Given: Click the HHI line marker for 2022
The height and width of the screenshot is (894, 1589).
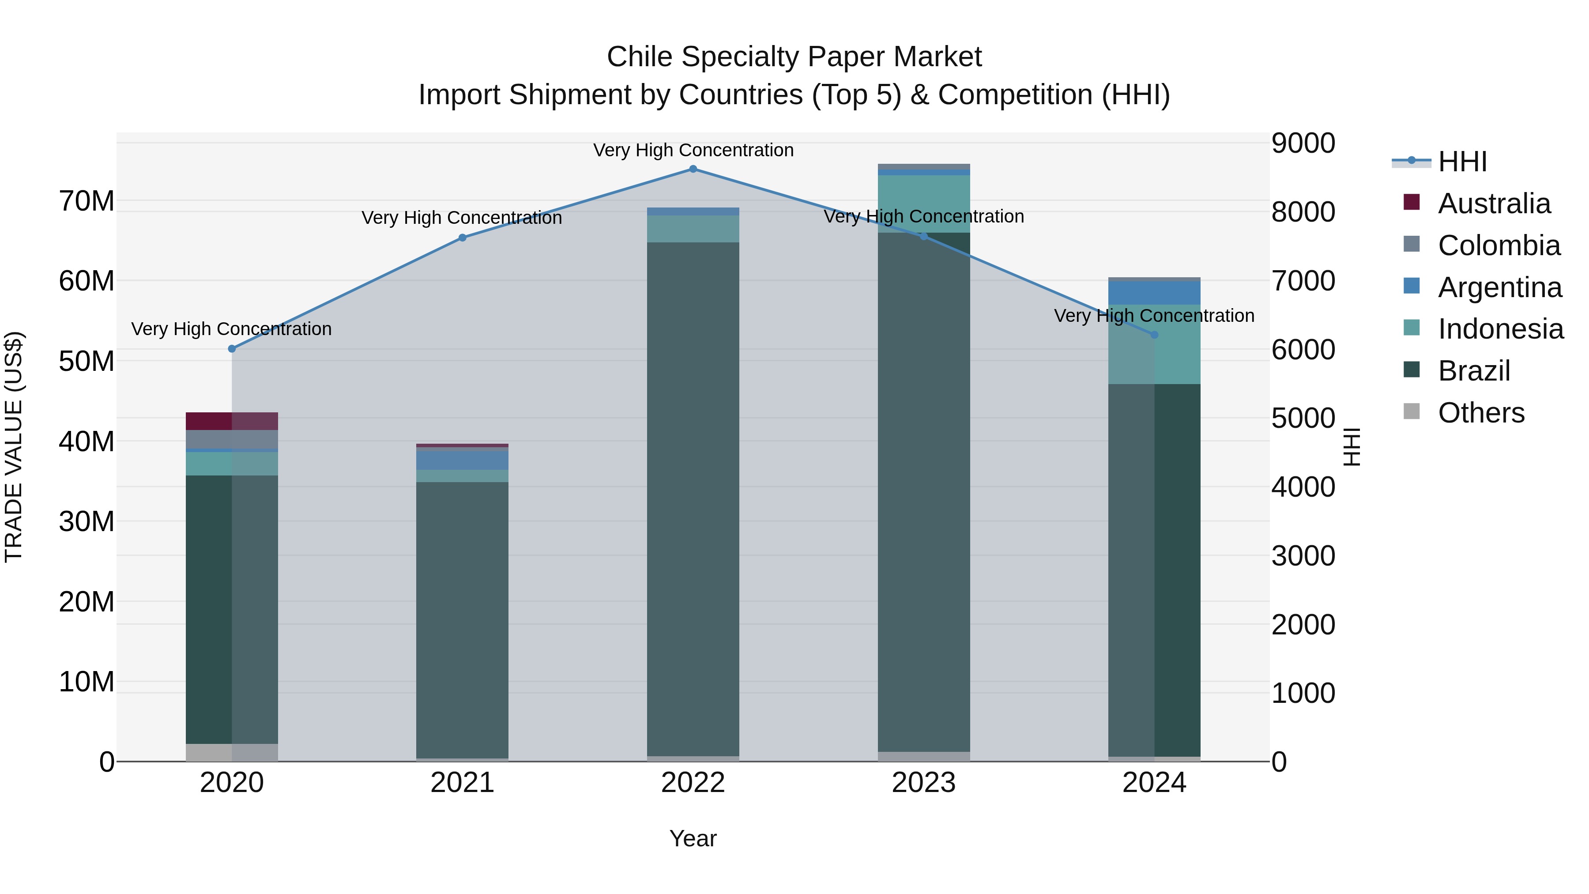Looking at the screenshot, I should click(x=693, y=169).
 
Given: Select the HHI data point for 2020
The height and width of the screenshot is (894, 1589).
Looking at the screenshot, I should click(x=232, y=349).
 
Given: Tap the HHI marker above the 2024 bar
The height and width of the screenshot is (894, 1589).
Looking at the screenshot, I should click(x=1155, y=334).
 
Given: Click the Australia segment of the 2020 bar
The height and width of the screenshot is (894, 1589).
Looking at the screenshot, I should click(x=231, y=421).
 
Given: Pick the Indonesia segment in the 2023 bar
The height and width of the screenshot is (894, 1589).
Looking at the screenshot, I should click(x=923, y=204).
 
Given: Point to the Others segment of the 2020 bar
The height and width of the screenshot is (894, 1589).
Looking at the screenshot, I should click(x=231, y=752).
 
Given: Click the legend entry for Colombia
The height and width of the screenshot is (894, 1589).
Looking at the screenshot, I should click(x=1499, y=245).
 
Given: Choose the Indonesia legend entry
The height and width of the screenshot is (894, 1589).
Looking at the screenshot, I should click(x=1500, y=329).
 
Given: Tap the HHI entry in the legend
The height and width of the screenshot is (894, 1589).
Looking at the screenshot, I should click(x=1462, y=162).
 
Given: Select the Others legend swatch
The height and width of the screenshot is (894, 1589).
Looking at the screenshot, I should click(x=1412, y=411).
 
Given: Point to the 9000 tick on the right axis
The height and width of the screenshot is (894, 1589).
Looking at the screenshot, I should click(x=1303, y=143).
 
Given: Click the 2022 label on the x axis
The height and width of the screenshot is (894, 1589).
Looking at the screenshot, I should click(x=693, y=783).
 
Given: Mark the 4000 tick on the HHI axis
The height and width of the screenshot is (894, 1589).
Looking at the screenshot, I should click(x=1303, y=487).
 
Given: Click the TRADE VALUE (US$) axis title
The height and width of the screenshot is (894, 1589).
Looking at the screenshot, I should click(x=14, y=447).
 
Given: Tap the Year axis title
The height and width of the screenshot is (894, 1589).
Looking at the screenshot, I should click(x=693, y=838).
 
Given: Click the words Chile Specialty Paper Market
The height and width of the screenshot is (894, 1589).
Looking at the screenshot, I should click(x=794, y=57).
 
